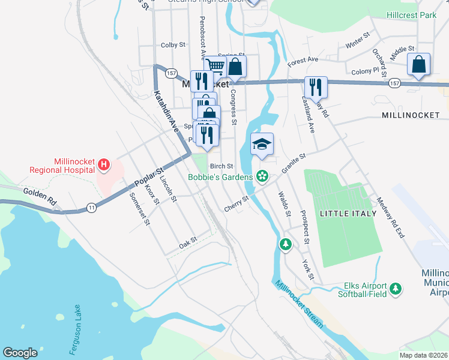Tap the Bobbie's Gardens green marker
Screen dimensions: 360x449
coord(262,176)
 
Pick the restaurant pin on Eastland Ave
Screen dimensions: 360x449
coord(316,88)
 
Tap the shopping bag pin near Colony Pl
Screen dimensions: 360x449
coord(418,65)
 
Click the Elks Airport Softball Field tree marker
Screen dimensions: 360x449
coord(395,289)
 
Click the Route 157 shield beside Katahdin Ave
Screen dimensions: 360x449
coord(172,73)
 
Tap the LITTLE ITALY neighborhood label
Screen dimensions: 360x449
coord(348,214)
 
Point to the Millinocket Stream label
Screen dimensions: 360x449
coord(298,304)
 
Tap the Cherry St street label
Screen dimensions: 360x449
coord(237,203)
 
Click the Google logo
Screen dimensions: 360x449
coord(20,353)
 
